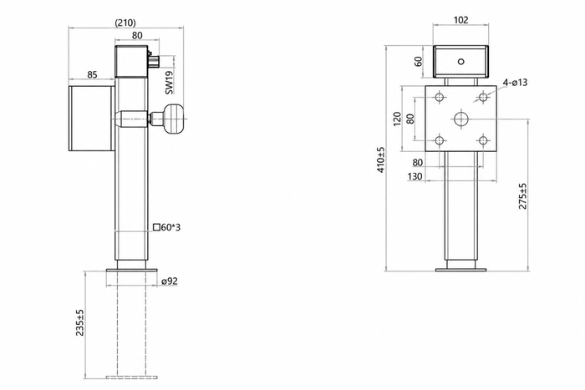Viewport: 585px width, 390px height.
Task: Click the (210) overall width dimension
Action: pyautogui.click(x=125, y=23)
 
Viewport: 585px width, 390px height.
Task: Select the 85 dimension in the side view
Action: pyautogui.click(x=92, y=74)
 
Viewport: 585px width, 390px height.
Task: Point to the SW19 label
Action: pyautogui.click(x=169, y=83)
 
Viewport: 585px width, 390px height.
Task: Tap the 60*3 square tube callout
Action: pyautogui.click(x=167, y=227)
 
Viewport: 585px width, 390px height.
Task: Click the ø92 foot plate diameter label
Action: pyautogui.click(x=170, y=281)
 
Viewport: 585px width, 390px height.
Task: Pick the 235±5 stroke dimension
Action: pyautogui.click(x=80, y=322)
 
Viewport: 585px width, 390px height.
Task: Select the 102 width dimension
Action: pyautogui.click(x=460, y=20)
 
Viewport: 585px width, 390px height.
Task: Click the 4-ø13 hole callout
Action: pyautogui.click(x=515, y=82)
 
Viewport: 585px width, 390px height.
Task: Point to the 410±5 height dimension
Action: pyautogui.click(x=380, y=160)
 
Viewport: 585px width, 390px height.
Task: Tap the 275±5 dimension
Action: pyautogui.click(x=523, y=195)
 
